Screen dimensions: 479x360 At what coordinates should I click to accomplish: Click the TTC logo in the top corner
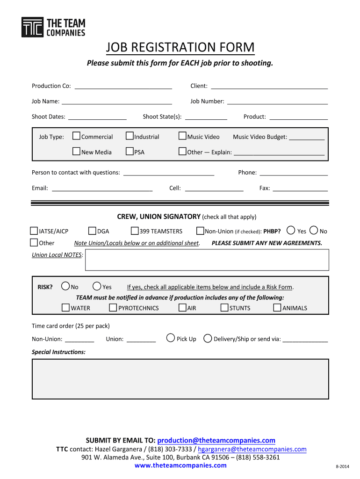[32, 27]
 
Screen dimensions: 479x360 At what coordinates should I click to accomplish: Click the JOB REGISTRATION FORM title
[180, 48]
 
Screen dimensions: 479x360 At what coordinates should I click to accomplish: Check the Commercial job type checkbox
[77, 136]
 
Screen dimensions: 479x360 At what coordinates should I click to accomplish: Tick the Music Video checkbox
[183, 136]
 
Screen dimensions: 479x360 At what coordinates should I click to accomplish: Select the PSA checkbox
[130, 152]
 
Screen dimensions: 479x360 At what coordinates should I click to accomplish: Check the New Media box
[77, 152]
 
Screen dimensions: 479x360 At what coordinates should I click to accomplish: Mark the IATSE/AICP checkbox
[34, 231]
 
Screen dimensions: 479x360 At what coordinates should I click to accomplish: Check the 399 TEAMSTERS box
[135, 231]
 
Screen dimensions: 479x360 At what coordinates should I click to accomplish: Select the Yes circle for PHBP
[291, 230]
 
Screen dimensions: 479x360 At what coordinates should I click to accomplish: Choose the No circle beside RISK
[65, 286]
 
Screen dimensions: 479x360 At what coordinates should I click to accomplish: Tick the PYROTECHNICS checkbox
[113, 307]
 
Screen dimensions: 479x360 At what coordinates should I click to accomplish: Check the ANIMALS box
[277, 307]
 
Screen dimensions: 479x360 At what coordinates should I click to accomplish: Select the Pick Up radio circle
[171, 338]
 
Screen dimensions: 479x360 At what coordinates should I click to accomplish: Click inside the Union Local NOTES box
[207, 260]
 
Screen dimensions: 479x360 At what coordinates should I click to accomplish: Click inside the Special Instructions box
[180, 378]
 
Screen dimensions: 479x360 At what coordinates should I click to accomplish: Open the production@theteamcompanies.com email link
[216, 440]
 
